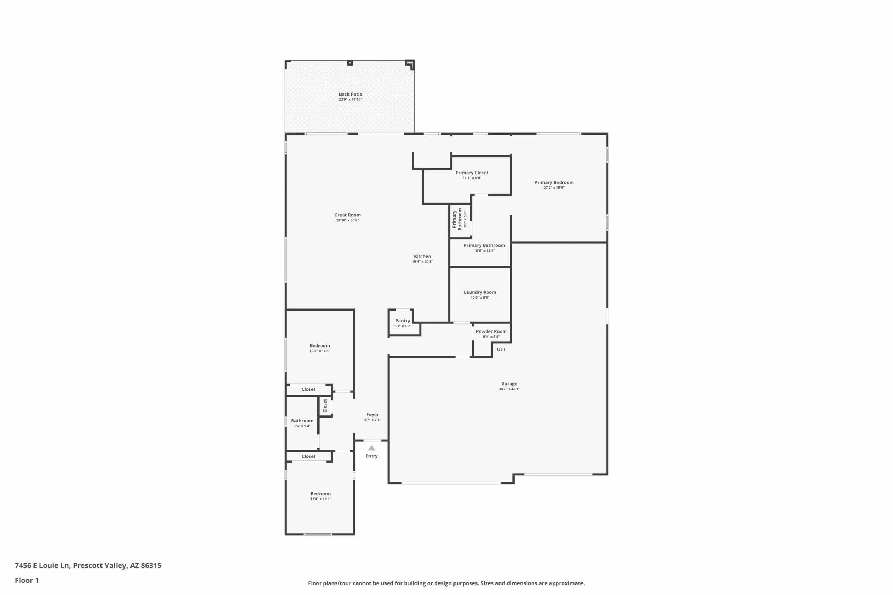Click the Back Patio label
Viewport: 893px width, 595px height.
[351, 94]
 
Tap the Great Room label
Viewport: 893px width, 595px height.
[347, 215]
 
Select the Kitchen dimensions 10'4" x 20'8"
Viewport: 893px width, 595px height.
[422, 262]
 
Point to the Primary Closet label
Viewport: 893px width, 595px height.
[472, 173]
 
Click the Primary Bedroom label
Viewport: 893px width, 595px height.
[554, 183]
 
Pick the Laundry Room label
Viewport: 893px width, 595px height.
[480, 292]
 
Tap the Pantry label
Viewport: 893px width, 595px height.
[403, 321]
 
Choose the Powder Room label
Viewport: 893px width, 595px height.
[491, 331]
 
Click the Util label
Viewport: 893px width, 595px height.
[501, 350]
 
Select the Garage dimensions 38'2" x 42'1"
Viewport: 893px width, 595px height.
[509, 389]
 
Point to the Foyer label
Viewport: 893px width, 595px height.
[373, 415]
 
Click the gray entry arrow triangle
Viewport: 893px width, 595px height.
[372, 448]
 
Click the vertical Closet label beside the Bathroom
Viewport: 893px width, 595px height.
[325, 406]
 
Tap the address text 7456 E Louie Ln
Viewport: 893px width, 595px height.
[43, 565]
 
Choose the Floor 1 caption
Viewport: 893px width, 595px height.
[27, 580]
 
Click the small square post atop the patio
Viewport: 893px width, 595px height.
[350, 63]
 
